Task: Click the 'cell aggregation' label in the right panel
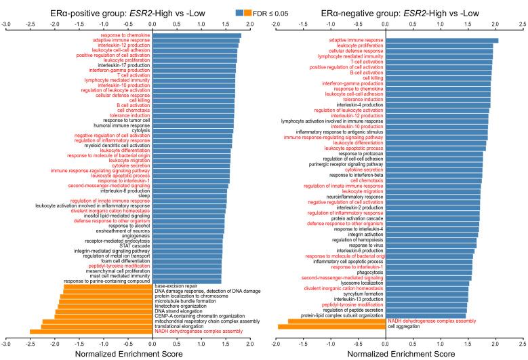(405, 326)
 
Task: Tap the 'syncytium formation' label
(361, 293)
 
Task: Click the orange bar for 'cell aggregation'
(332, 326)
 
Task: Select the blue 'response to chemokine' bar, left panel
(197, 35)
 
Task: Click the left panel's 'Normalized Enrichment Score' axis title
(127, 353)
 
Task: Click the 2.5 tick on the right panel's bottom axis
(523, 342)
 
